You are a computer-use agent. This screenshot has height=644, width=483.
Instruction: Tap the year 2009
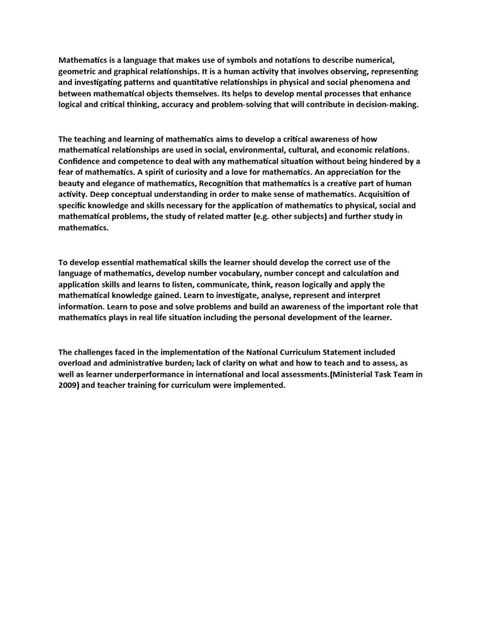[70, 386]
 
